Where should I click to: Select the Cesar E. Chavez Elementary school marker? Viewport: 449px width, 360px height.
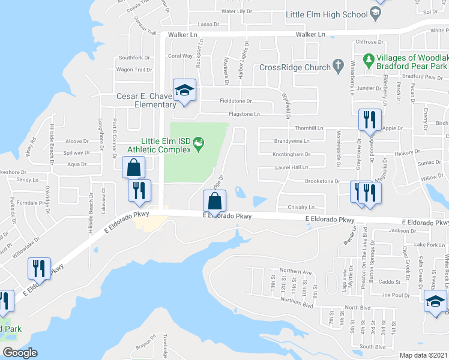pyautogui.click(x=184, y=91)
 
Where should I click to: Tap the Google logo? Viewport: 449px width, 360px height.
pyautogui.click(x=20, y=353)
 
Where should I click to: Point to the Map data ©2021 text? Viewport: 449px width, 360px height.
pyautogui.click(x=423, y=355)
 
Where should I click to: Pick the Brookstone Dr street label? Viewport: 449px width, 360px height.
pyautogui.click(x=322, y=181)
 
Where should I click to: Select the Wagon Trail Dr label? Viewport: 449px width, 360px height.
pyautogui.click(x=134, y=70)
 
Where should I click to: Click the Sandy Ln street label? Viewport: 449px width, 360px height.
pyautogui.click(x=27, y=179)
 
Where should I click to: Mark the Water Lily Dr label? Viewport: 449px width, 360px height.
pyautogui.click(x=237, y=11)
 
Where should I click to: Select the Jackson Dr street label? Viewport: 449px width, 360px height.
pyautogui.click(x=402, y=230)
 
